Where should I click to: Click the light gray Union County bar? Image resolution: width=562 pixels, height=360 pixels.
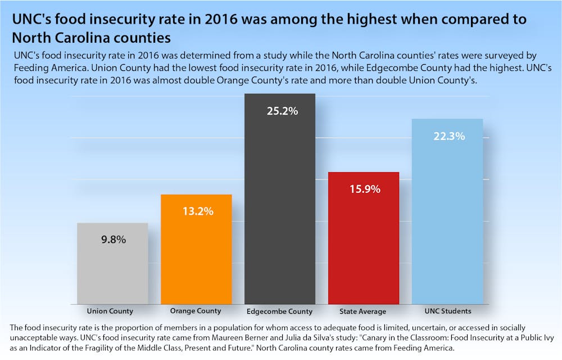click(112, 270)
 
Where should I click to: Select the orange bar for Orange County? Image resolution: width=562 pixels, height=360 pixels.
click(196, 259)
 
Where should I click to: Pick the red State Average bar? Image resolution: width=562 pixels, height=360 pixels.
click(363, 247)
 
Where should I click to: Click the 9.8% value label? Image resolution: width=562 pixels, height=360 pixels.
click(114, 239)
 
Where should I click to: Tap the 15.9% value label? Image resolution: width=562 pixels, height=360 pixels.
click(365, 189)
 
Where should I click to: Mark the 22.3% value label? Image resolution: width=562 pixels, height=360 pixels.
click(448, 136)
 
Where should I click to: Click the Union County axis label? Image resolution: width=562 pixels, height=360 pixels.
click(110, 311)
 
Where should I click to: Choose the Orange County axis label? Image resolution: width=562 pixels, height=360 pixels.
click(195, 311)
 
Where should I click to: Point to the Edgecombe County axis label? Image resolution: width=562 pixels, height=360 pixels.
click(279, 311)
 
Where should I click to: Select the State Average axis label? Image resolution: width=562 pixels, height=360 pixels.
click(362, 311)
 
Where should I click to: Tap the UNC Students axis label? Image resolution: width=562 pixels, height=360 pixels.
click(448, 311)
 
